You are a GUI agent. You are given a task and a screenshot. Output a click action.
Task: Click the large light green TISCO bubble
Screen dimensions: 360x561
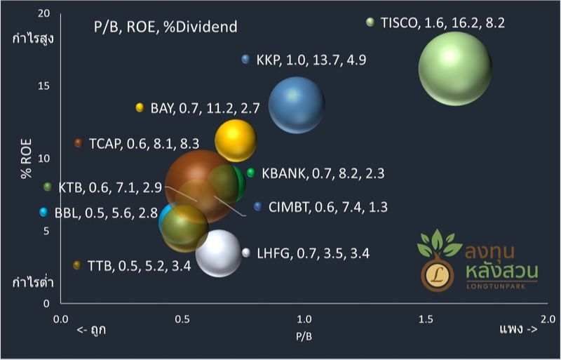click(x=454, y=68)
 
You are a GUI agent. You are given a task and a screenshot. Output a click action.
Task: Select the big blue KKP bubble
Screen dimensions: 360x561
click(x=297, y=105)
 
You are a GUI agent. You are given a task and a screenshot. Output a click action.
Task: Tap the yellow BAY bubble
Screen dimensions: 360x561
click(x=235, y=140)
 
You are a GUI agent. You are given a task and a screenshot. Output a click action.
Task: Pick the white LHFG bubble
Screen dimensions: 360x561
click(x=219, y=253)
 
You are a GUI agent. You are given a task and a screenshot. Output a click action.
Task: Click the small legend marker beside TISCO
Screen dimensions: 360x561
click(x=370, y=22)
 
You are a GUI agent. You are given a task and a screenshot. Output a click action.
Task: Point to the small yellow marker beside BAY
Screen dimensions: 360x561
click(x=140, y=107)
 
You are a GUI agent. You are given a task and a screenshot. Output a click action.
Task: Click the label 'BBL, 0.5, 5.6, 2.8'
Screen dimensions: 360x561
click(x=105, y=213)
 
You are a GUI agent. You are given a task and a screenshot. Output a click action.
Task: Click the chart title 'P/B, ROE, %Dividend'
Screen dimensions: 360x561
click(x=165, y=27)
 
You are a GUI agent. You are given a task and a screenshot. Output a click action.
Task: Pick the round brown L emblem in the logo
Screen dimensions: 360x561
click(x=437, y=274)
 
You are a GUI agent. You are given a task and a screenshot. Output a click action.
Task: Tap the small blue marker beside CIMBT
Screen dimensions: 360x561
click(x=257, y=206)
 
